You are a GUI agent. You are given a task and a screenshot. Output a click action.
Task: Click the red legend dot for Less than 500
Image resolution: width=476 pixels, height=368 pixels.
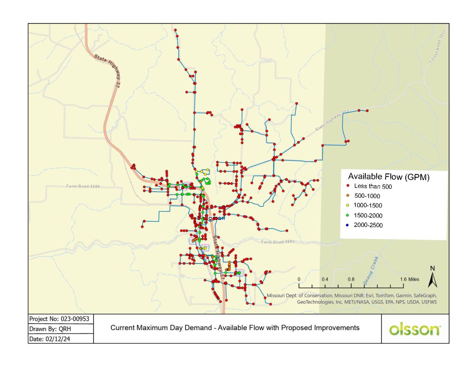[x=347, y=186]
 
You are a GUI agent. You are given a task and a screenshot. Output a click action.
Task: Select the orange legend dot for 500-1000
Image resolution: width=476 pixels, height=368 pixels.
[x=347, y=195]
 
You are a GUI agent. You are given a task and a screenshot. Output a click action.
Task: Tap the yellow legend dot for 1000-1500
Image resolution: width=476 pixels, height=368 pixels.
[x=347, y=206]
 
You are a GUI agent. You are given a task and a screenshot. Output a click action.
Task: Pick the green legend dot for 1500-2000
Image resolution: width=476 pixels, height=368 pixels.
[x=347, y=216]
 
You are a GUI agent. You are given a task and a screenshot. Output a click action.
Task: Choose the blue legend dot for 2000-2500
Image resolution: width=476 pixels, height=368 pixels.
[x=347, y=225]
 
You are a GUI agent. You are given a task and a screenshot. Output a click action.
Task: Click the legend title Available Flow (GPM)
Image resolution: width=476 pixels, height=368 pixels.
[x=389, y=177]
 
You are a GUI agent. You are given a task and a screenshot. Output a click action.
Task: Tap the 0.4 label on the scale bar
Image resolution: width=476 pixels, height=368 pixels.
[x=325, y=279]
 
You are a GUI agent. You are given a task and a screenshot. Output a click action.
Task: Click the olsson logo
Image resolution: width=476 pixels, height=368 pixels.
[x=415, y=329]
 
